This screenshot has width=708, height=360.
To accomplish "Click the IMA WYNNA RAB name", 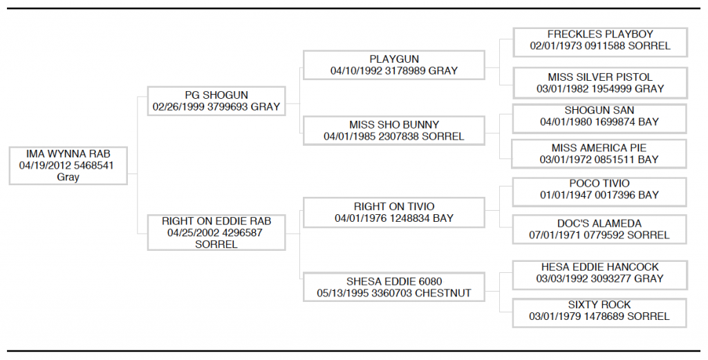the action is click(68, 154).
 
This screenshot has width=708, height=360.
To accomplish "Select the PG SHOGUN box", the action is click(216, 101).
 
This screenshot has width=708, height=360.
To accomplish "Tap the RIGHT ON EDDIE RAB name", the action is click(216, 221).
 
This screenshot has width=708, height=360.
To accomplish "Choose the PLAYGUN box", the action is click(393, 65).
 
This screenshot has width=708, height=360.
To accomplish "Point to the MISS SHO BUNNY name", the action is click(393, 124).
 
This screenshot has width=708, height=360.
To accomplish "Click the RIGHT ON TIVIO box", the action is click(393, 212).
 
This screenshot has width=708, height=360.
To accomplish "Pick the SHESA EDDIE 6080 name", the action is click(393, 281).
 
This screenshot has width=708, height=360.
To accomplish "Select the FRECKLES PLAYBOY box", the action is click(600, 42).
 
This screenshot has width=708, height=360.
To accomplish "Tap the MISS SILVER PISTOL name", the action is click(600, 77).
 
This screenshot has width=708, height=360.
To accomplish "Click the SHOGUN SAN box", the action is click(599, 119).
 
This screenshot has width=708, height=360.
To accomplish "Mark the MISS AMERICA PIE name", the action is click(599, 148).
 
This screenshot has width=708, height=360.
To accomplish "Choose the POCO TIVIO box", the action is click(599, 191).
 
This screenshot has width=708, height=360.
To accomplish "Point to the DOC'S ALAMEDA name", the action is click(599, 224).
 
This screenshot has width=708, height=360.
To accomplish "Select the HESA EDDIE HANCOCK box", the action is click(599, 275).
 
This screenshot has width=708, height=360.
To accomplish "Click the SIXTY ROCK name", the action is click(599, 305).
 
